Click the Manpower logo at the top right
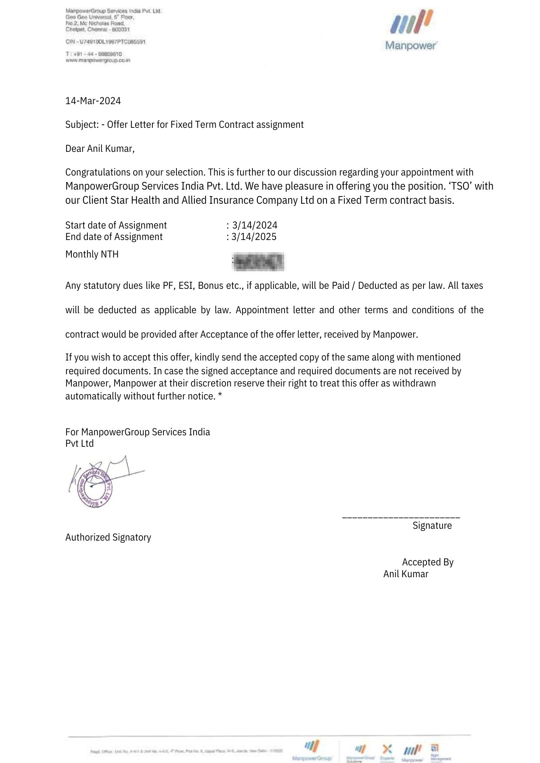[x=411, y=31]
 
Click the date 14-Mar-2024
[x=93, y=101]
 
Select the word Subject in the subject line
[x=82, y=125]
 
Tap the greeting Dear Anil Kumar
[x=100, y=148]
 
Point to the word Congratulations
[x=97, y=172]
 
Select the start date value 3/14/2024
[x=255, y=225]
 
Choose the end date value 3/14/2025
[x=254, y=237]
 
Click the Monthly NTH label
[x=92, y=254]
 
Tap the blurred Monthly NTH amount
[x=259, y=262]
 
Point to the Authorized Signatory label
[x=108, y=538]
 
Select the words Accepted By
[x=428, y=562]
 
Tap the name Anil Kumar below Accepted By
[x=406, y=574]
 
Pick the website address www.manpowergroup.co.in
[x=98, y=60]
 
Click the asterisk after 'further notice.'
[x=220, y=396]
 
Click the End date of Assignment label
[x=114, y=237]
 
